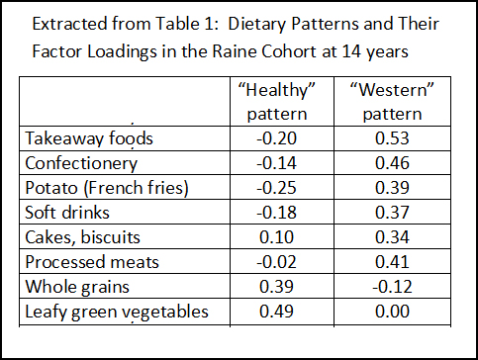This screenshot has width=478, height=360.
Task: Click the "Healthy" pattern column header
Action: [x=279, y=100]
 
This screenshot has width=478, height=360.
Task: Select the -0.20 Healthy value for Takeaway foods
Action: [x=279, y=138]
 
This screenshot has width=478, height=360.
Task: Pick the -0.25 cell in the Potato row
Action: [x=279, y=188]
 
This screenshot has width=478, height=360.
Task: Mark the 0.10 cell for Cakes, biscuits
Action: [x=279, y=237]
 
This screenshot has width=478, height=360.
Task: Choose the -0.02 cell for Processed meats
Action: [x=279, y=262]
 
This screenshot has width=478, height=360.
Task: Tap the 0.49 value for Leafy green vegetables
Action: [x=279, y=312]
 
